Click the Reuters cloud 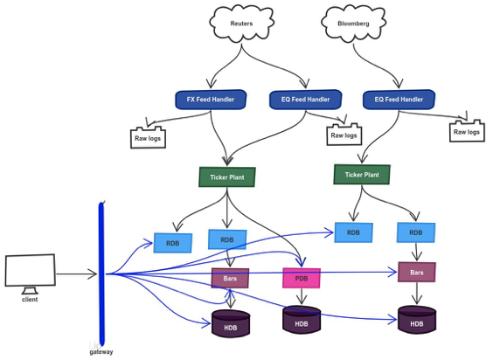click(x=241, y=24)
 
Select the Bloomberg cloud click(x=353, y=24)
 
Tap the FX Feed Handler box click(x=211, y=100)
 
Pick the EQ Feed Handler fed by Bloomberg click(x=399, y=100)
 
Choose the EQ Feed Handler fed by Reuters click(x=306, y=100)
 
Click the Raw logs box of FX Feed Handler click(x=148, y=137)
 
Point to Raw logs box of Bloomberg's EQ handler click(x=467, y=131)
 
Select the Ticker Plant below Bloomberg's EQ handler click(x=362, y=175)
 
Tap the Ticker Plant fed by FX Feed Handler click(x=227, y=177)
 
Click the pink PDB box click(x=302, y=278)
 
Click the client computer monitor click(x=31, y=270)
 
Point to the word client click(x=30, y=300)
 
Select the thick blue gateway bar click(x=101, y=273)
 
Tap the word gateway click(x=101, y=352)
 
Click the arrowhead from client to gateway click(x=93, y=273)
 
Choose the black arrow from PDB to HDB click(x=302, y=296)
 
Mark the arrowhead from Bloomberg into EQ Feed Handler click(x=398, y=84)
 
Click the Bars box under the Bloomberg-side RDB click(x=417, y=273)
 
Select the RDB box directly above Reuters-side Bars click(x=227, y=240)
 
